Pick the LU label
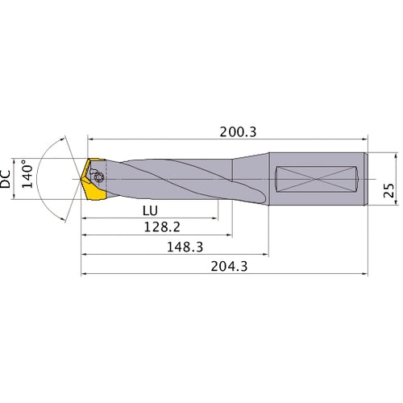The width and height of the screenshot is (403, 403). click(149, 210)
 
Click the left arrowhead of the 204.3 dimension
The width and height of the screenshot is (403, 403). click(84, 273)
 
